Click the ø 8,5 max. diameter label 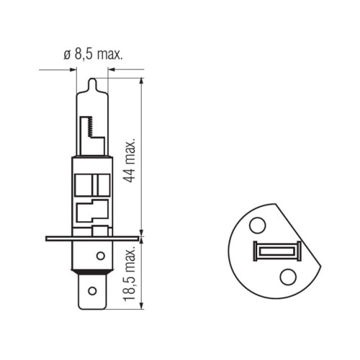point(93,55)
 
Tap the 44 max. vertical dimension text point(130,161)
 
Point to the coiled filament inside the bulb point(91,127)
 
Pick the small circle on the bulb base point(101,256)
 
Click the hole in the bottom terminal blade point(92,291)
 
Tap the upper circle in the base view point(258,225)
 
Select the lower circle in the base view point(288,276)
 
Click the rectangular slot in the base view point(277,251)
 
